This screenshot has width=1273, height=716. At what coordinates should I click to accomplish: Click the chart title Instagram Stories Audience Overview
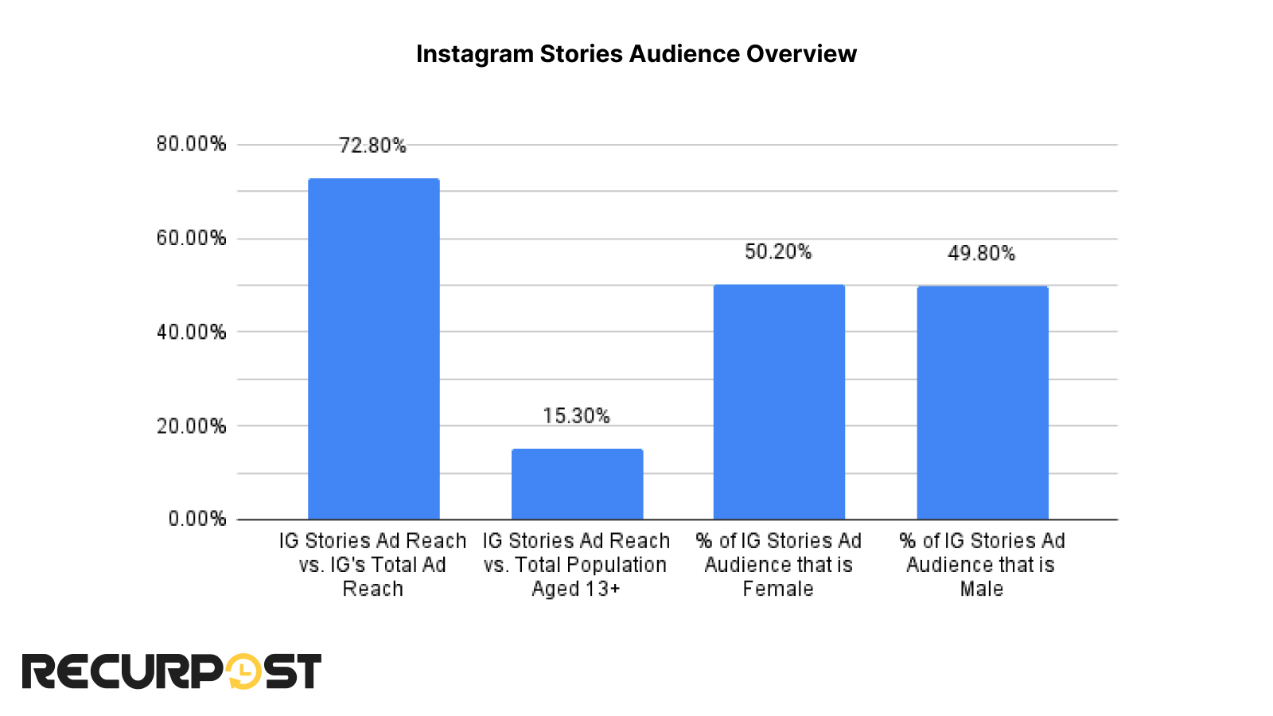(636, 53)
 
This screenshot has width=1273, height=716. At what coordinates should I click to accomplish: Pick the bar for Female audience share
(779, 402)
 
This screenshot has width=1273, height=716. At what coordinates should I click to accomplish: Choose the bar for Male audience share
(982, 403)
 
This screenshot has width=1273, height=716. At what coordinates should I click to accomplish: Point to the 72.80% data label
(372, 146)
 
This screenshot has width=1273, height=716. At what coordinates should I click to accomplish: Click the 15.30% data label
(576, 416)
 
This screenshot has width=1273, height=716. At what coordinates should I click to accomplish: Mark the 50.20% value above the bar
(778, 252)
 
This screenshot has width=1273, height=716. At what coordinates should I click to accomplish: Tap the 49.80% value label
(981, 254)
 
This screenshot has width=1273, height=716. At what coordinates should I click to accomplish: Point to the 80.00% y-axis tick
(191, 144)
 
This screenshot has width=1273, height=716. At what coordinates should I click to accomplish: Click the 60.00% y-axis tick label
(191, 238)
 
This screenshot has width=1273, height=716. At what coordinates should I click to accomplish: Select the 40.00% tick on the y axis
(191, 332)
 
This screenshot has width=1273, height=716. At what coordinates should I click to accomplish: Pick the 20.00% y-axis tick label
(191, 426)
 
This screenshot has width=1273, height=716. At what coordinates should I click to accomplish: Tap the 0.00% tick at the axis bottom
(197, 519)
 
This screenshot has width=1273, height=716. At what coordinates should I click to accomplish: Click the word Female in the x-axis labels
(778, 590)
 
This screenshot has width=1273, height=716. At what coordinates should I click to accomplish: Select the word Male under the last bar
(981, 590)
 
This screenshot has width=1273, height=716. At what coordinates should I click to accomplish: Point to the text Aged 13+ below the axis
(576, 590)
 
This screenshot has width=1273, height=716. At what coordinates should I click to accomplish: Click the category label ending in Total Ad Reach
(372, 565)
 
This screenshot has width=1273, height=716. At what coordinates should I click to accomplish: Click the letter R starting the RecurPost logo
(40, 671)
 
